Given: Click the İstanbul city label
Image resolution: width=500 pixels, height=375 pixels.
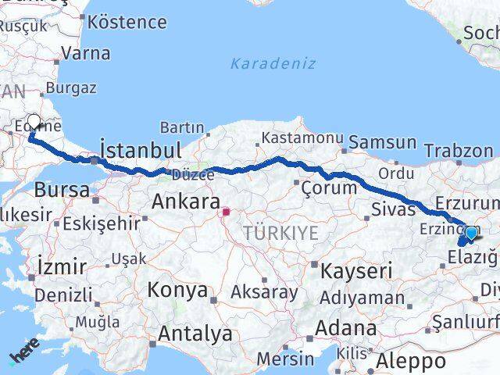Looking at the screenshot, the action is click(x=141, y=150).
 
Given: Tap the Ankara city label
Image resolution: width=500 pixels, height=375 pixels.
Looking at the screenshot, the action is click(x=185, y=202).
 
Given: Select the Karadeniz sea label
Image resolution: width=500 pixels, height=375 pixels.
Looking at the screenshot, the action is click(x=273, y=63).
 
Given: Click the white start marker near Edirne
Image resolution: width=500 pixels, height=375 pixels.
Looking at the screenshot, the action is click(x=34, y=122).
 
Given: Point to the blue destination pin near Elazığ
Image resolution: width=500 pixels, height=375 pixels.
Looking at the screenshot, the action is click(x=471, y=233).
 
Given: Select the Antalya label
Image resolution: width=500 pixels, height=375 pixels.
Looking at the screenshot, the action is click(x=195, y=334).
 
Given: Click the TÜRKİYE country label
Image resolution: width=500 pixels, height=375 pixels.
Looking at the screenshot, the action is click(x=280, y=233).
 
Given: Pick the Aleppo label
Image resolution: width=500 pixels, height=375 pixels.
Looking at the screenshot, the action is click(x=411, y=362).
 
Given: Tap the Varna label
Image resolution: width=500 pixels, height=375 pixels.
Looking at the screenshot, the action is click(x=85, y=54).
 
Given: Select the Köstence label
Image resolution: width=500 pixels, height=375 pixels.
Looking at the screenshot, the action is click(x=127, y=22).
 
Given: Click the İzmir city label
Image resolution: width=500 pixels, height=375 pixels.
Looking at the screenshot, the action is click(x=62, y=266).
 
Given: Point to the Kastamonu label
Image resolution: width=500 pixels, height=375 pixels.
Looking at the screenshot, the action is click(x=302, y=138).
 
